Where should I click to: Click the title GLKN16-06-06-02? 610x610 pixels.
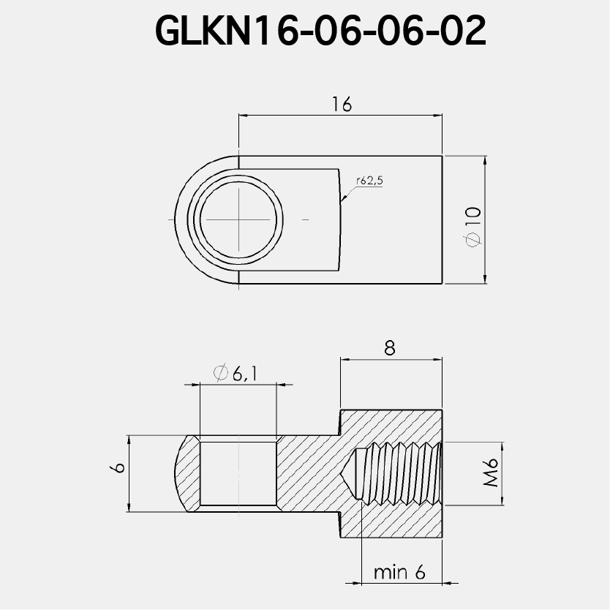click(x=320, y=31)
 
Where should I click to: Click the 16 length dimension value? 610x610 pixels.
click(x=341, y=105)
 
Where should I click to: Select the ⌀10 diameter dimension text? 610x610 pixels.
click(x=472, y=225)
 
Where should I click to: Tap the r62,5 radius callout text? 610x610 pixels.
click(x=369, y=181)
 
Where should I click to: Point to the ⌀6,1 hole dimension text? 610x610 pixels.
click(x=236, y=374)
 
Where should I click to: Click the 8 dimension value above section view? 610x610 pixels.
click(x=390, y=349)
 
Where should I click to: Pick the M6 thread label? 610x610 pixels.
click(x=490, y=473)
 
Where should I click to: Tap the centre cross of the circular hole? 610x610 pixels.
click(x=239, y=219)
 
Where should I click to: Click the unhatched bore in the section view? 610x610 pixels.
click(x=238, y=472)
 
